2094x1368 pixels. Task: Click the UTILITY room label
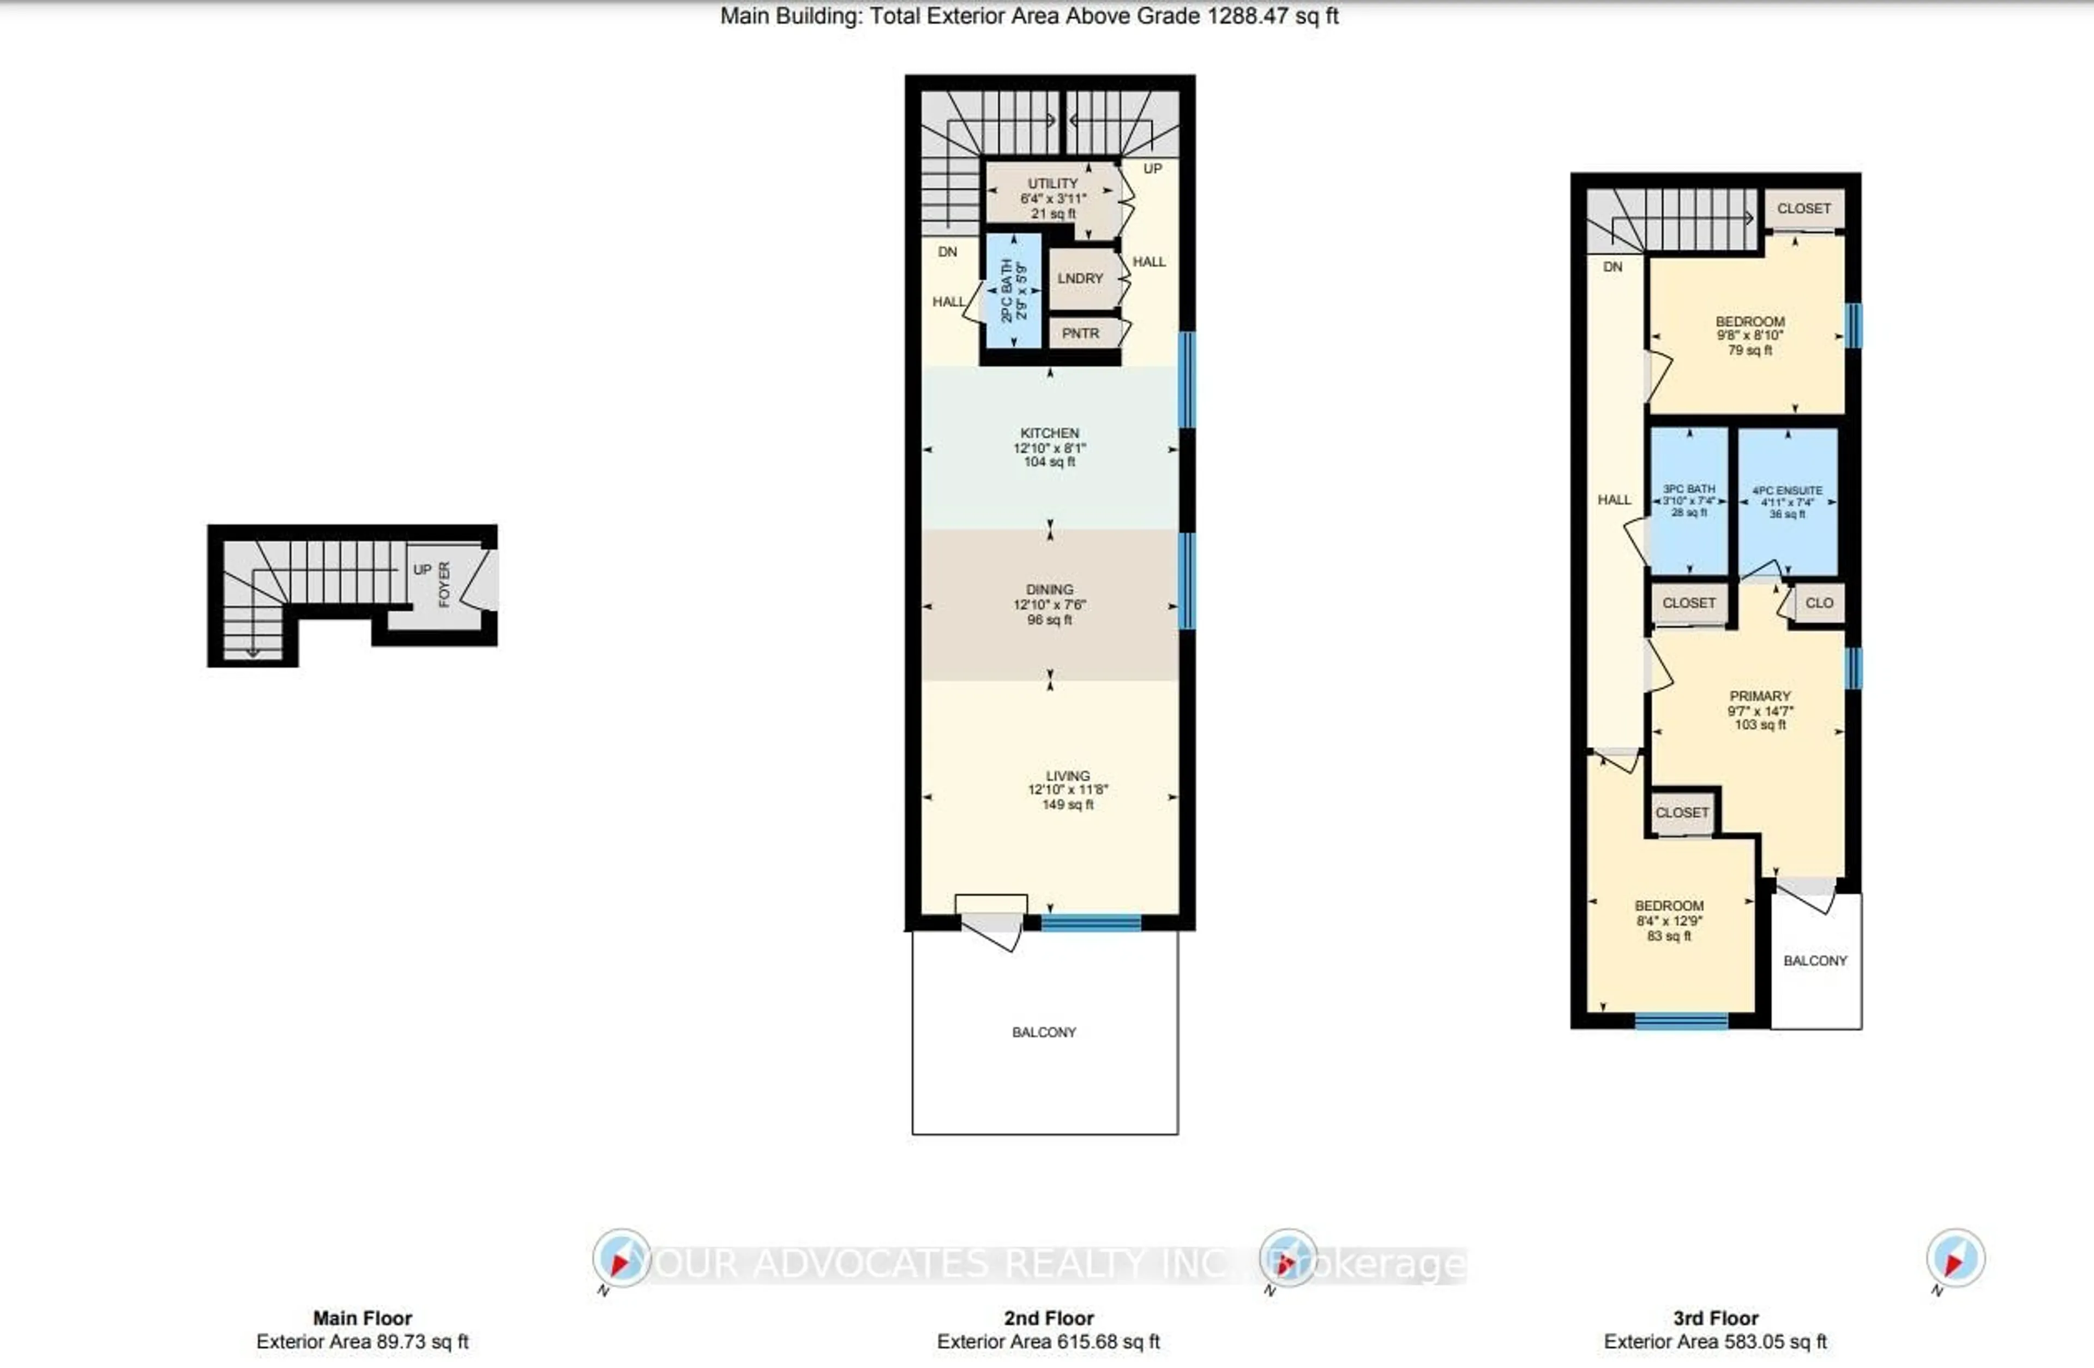pyautogui.click(x=1052, y=184)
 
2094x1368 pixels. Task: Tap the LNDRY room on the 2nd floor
pyautogui.click(x=1080, y=278)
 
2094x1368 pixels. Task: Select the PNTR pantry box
pyautogui.click(x=1080, y=333)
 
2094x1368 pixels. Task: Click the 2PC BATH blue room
pyautogui.click(x=1014, y=290)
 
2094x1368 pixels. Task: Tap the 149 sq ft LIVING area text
pyautogui.click(x=1067, y=805)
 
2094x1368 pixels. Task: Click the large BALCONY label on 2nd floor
pyautogui.click(x=1044, y=1032)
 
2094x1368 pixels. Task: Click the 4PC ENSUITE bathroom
pyautogui.click(x=1787, y=502)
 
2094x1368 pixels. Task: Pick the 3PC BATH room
pyautogui.click(x=1688, y=500)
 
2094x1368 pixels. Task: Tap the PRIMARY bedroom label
pyautogui.click(x=1760, y=695)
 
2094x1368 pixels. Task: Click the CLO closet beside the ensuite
pyautogui.click(x=1819, y=603)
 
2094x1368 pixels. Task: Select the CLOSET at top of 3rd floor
pyautogui.click(x=1804, y=208)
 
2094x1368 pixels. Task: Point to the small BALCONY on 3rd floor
pyautogui.click(x=1815, y=960)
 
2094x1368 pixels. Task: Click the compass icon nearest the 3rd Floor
pyautogui.click(x=1955, y=1259)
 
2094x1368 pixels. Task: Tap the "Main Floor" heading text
pyautogui.click(x=363, y=1318)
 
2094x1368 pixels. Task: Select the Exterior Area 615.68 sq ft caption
pyautogui.click(x=1048, y=1342)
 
